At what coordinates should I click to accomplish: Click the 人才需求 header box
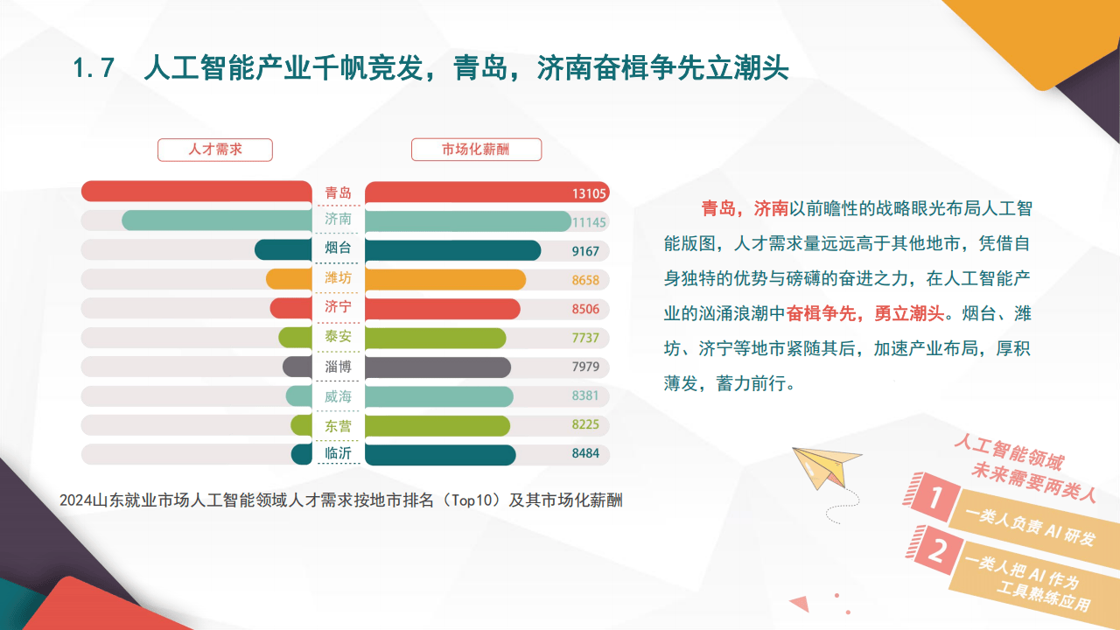[x=215, y=150]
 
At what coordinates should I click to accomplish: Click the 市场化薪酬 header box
[x=476, y=150]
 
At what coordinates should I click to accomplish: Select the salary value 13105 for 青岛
[x=590, y=193]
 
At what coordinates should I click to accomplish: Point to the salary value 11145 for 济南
[x=589, y=222]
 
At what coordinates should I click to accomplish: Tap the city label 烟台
[x=338, y=250]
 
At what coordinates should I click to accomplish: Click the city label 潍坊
[x=338, y=279]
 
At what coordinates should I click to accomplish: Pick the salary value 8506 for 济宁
[x=585, y=309]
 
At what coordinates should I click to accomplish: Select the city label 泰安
[x=338, y=337]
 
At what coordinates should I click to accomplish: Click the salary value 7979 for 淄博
[x=585, y=367]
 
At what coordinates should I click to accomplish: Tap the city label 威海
[x=338, y=396]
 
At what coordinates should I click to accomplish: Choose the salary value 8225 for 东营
[x=585, y=425]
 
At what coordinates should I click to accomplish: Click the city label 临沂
[x=338, y=454]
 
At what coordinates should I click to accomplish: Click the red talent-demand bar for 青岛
[x=197, y=192]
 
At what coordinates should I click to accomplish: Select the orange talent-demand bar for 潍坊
[x=290, y=279]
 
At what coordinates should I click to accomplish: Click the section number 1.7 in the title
[x=94, y=68]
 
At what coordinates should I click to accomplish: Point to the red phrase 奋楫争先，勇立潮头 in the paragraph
[x=865, y=313]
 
